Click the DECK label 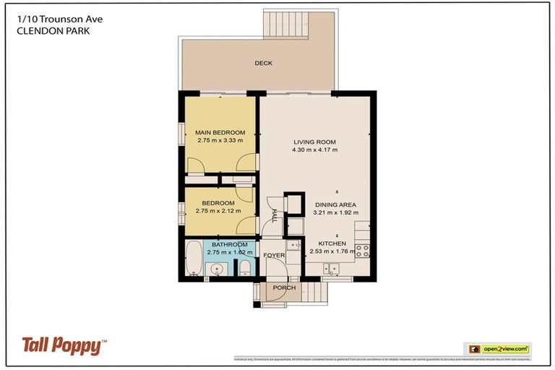[x=263, y=64]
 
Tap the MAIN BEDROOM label [x=220, y=133]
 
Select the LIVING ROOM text [x=315, y=142]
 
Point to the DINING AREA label [x=335, y=205]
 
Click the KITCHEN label [x=329, y=244]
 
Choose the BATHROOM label [x=229, y=245]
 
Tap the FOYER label [x=274, y=256]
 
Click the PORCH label [x=284, y=288]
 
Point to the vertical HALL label [x=275, y=215]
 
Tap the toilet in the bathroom [x=245, y=270]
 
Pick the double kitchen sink [x=332, y=270]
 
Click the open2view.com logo [x=496, y=348]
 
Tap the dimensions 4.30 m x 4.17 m [x=315, y=150]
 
